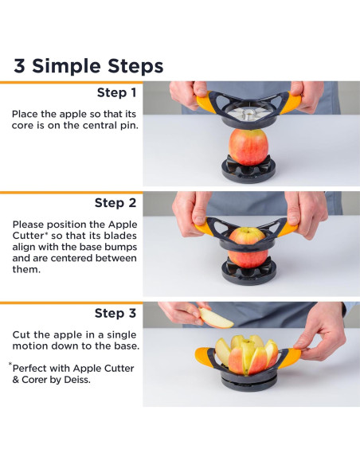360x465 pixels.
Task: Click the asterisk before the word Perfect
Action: tap(11, 366)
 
